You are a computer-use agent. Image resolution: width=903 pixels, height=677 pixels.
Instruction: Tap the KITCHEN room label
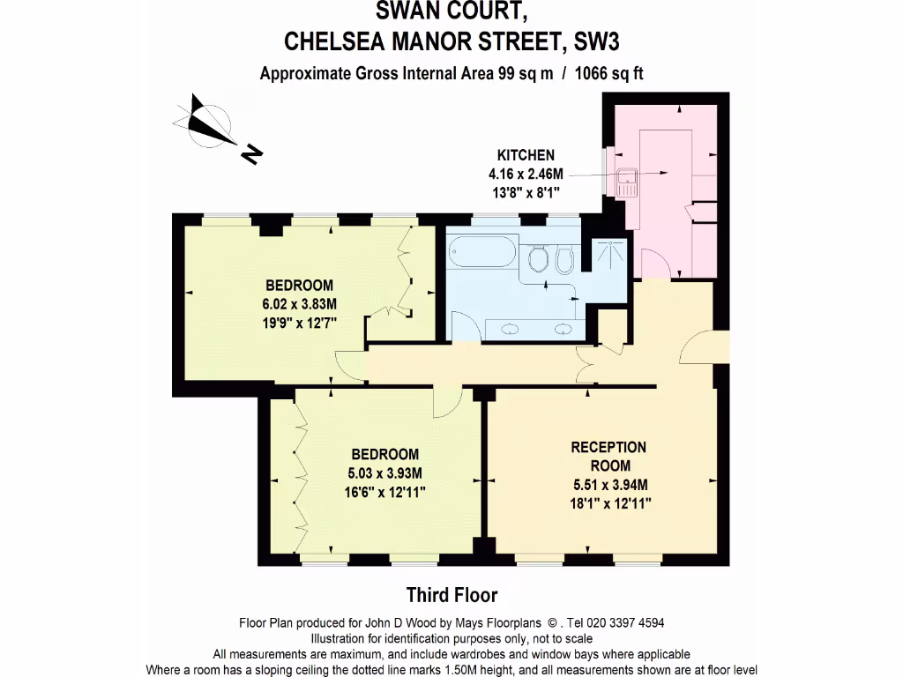526,155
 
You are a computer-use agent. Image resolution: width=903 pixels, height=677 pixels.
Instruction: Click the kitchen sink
628,182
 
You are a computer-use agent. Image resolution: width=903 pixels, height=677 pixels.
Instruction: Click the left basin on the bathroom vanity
510,330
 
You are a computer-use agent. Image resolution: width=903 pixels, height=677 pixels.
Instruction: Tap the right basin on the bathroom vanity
563,330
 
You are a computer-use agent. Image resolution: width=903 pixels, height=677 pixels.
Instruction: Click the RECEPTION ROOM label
608,456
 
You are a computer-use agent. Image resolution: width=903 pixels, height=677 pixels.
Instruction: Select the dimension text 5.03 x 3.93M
385,473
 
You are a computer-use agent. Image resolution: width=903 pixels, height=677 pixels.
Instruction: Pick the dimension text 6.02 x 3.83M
300,303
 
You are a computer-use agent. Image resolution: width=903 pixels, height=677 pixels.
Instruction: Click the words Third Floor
451,595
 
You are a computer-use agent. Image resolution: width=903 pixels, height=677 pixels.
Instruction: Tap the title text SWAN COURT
451,11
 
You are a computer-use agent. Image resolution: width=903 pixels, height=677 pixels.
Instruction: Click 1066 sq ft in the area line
608,73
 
